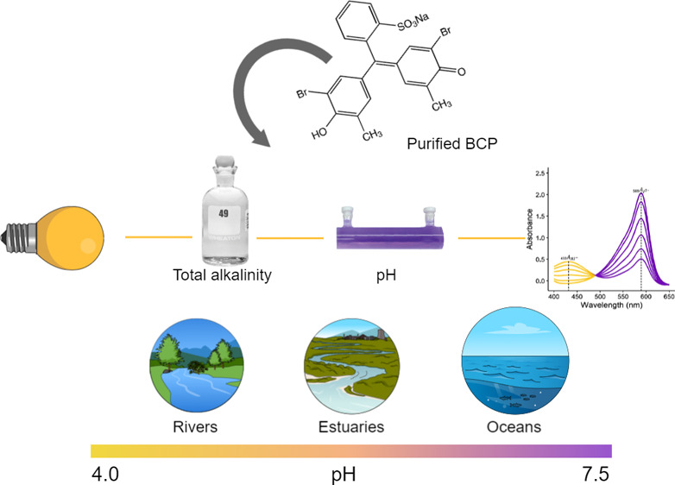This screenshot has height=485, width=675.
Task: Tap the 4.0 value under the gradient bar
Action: (109, 473)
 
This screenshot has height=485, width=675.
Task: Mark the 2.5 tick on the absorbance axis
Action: (540, 173)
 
